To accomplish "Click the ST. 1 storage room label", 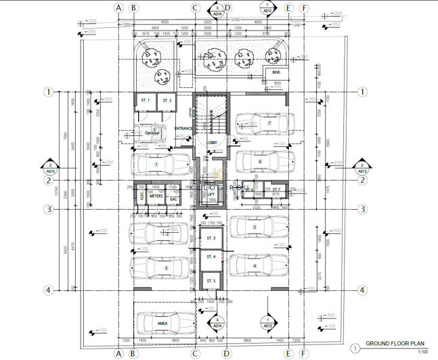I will coord(144,100).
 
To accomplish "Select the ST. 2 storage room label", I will coord(168,100).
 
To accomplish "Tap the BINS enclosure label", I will coord(276,72).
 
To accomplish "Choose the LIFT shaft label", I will coord(211,194).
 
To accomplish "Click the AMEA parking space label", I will coord(162,323).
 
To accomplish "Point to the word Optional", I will coord(152,133).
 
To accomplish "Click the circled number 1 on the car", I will coord(156,164).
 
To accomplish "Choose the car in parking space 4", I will coord(260,265).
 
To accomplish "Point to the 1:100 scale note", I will coord(423,353).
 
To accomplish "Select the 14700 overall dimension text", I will coord(235,20).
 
